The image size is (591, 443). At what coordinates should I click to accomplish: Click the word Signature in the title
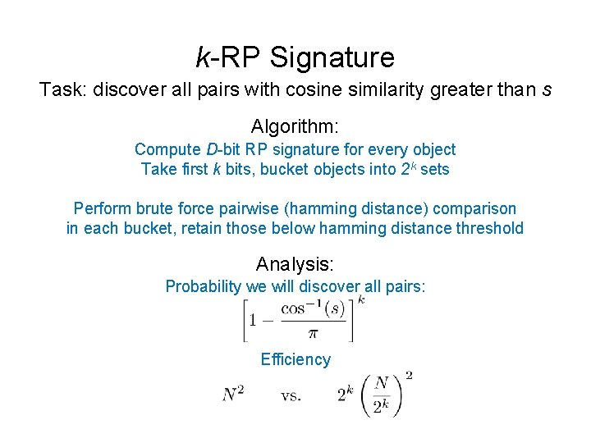coord(332,57)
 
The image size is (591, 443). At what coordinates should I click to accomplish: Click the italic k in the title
coord(203,57)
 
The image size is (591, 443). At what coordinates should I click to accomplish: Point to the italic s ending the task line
coord(547,90)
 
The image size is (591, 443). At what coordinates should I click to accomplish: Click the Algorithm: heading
coord(295,127)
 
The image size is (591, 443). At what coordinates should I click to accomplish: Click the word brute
coord(151,208)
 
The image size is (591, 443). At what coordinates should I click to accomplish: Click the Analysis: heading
coord(295,264)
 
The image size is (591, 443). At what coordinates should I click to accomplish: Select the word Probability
coord(202,286)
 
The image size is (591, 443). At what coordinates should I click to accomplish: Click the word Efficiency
coord(295,359)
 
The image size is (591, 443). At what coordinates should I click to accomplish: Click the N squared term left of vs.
coord(233,395)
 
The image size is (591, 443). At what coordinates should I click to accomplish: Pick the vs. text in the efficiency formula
coord(291,395)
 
